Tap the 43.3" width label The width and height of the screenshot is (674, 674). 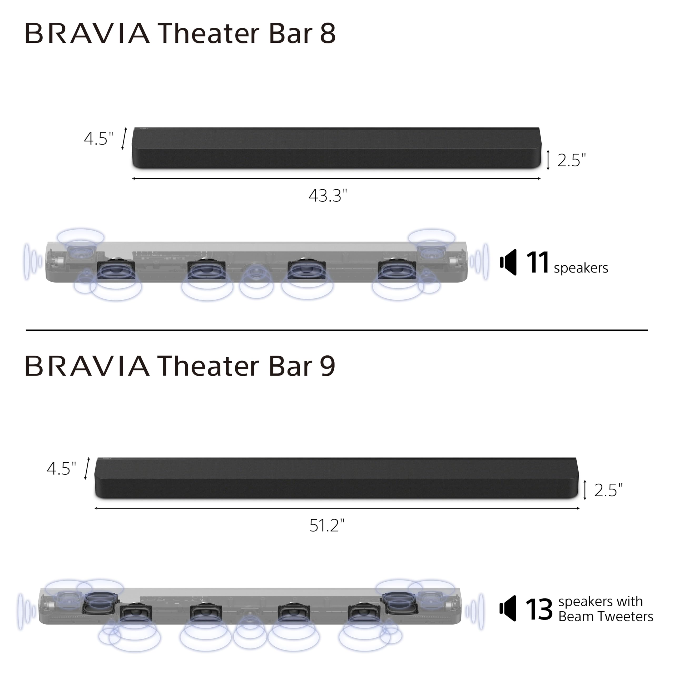328,196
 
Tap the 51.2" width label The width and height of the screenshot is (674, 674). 326,526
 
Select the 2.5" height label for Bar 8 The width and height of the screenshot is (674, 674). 571,161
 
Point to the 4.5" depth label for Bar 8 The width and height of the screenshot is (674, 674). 99,139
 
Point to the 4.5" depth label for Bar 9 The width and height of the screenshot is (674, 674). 61,469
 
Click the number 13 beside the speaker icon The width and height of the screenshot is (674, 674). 539,610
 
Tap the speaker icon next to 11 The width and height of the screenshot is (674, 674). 508,262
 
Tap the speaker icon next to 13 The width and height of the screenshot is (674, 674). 508,608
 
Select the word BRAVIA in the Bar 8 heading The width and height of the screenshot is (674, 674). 87,33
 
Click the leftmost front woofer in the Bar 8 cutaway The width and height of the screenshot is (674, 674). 116,270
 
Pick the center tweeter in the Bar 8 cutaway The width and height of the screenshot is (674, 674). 256,271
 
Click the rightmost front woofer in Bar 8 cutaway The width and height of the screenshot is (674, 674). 397,270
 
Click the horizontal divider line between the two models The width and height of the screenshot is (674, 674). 337,330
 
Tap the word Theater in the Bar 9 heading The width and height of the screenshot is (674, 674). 208,366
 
